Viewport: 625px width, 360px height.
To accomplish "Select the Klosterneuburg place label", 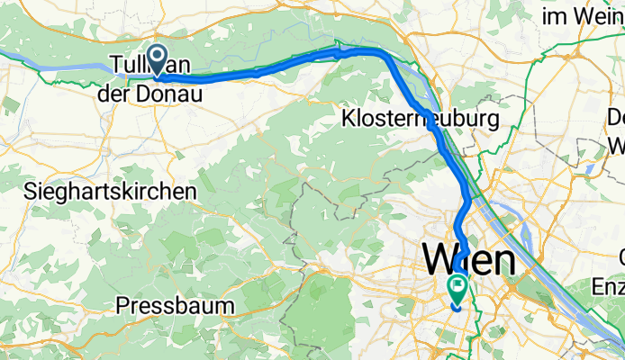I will click(x=419, y=118).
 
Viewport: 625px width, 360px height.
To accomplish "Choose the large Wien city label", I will click(x=469, y=260).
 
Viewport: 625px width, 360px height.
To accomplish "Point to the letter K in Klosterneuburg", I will click(x=348, y=118).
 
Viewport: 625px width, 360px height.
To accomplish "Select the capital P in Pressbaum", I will click(x=123, y=306).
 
